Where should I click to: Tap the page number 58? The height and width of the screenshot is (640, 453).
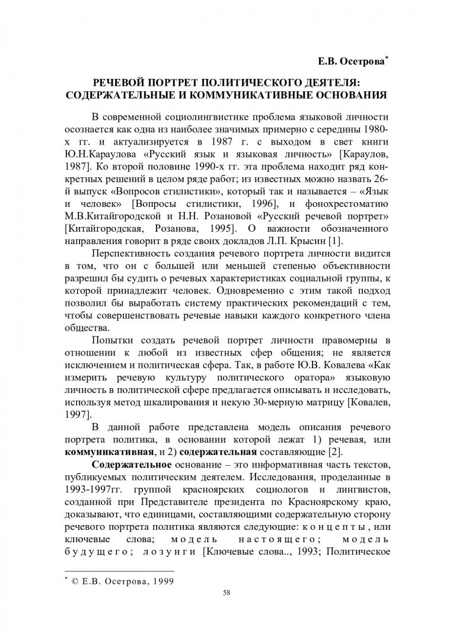point(226,593)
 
